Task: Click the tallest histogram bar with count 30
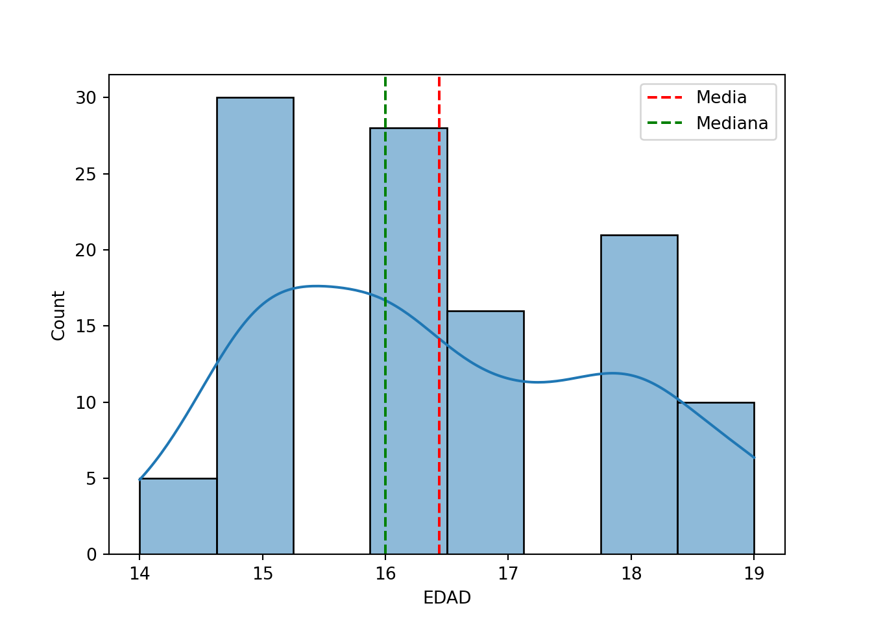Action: point(255,324)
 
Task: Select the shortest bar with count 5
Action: point(178,516)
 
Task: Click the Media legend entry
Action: point(721,97)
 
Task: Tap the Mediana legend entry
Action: point(731,123)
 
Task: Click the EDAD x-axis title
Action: point(447,598)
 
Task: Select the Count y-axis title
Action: point(59,315)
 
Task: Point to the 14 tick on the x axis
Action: point(139,574)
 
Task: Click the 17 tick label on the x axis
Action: point(508,574)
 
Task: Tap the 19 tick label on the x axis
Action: point(754,574)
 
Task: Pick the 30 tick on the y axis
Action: point(85,98)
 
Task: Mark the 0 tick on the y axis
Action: point(91,555)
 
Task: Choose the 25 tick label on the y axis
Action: point(85,174)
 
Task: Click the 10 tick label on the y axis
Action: point(85,402)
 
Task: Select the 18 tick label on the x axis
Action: point(631,574)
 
